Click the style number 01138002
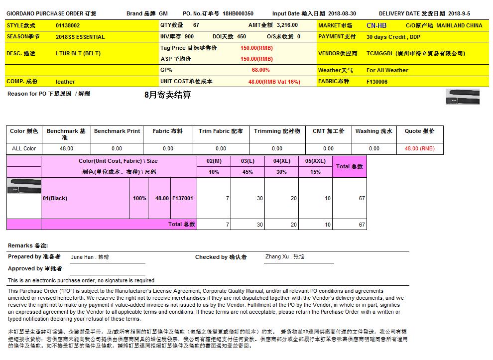click(68, 25)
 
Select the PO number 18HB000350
click(238, 14)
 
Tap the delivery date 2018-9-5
click(459, 14)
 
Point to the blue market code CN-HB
click(376, 25)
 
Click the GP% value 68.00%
click(260, 70)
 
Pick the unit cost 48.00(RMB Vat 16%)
click(274, 82)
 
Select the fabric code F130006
click(377, 82)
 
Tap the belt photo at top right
click(463, 97)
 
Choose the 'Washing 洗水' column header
click(373, 131)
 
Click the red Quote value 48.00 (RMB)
click(419, 148)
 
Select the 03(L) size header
click(247, 161)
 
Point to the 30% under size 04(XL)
click(281, 172)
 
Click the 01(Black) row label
click(55, 198)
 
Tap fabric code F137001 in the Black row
click(182, 198)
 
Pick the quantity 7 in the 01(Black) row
click(227, 198)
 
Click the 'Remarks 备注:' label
click(28, 246)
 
